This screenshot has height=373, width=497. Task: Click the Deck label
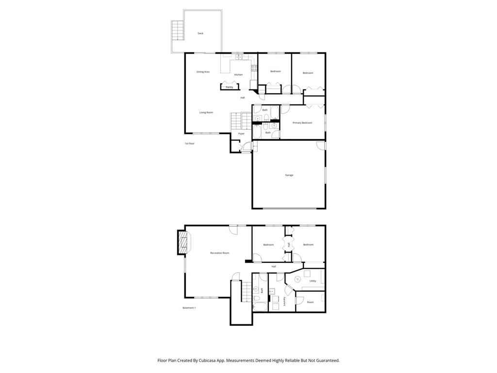(200, 34)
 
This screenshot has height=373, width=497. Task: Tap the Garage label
(289, 175)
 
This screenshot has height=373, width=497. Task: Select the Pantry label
(229, 87)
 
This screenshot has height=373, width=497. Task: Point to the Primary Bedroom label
(302, 123)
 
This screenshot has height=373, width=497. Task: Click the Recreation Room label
(219, 253)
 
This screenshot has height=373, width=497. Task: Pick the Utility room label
(313, 281)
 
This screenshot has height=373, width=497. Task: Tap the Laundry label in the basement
(284, 301)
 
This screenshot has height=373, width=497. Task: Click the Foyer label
(241, 134)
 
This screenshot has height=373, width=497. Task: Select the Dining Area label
(203, 72)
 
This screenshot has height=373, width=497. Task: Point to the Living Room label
(206, 113)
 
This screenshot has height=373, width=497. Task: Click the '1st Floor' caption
(189, 144)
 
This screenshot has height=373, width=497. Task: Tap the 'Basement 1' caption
(189, 308)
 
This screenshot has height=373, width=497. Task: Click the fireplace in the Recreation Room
(182, 242)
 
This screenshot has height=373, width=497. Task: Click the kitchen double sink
(239, 57)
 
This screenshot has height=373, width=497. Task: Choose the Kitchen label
(238, 75)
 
